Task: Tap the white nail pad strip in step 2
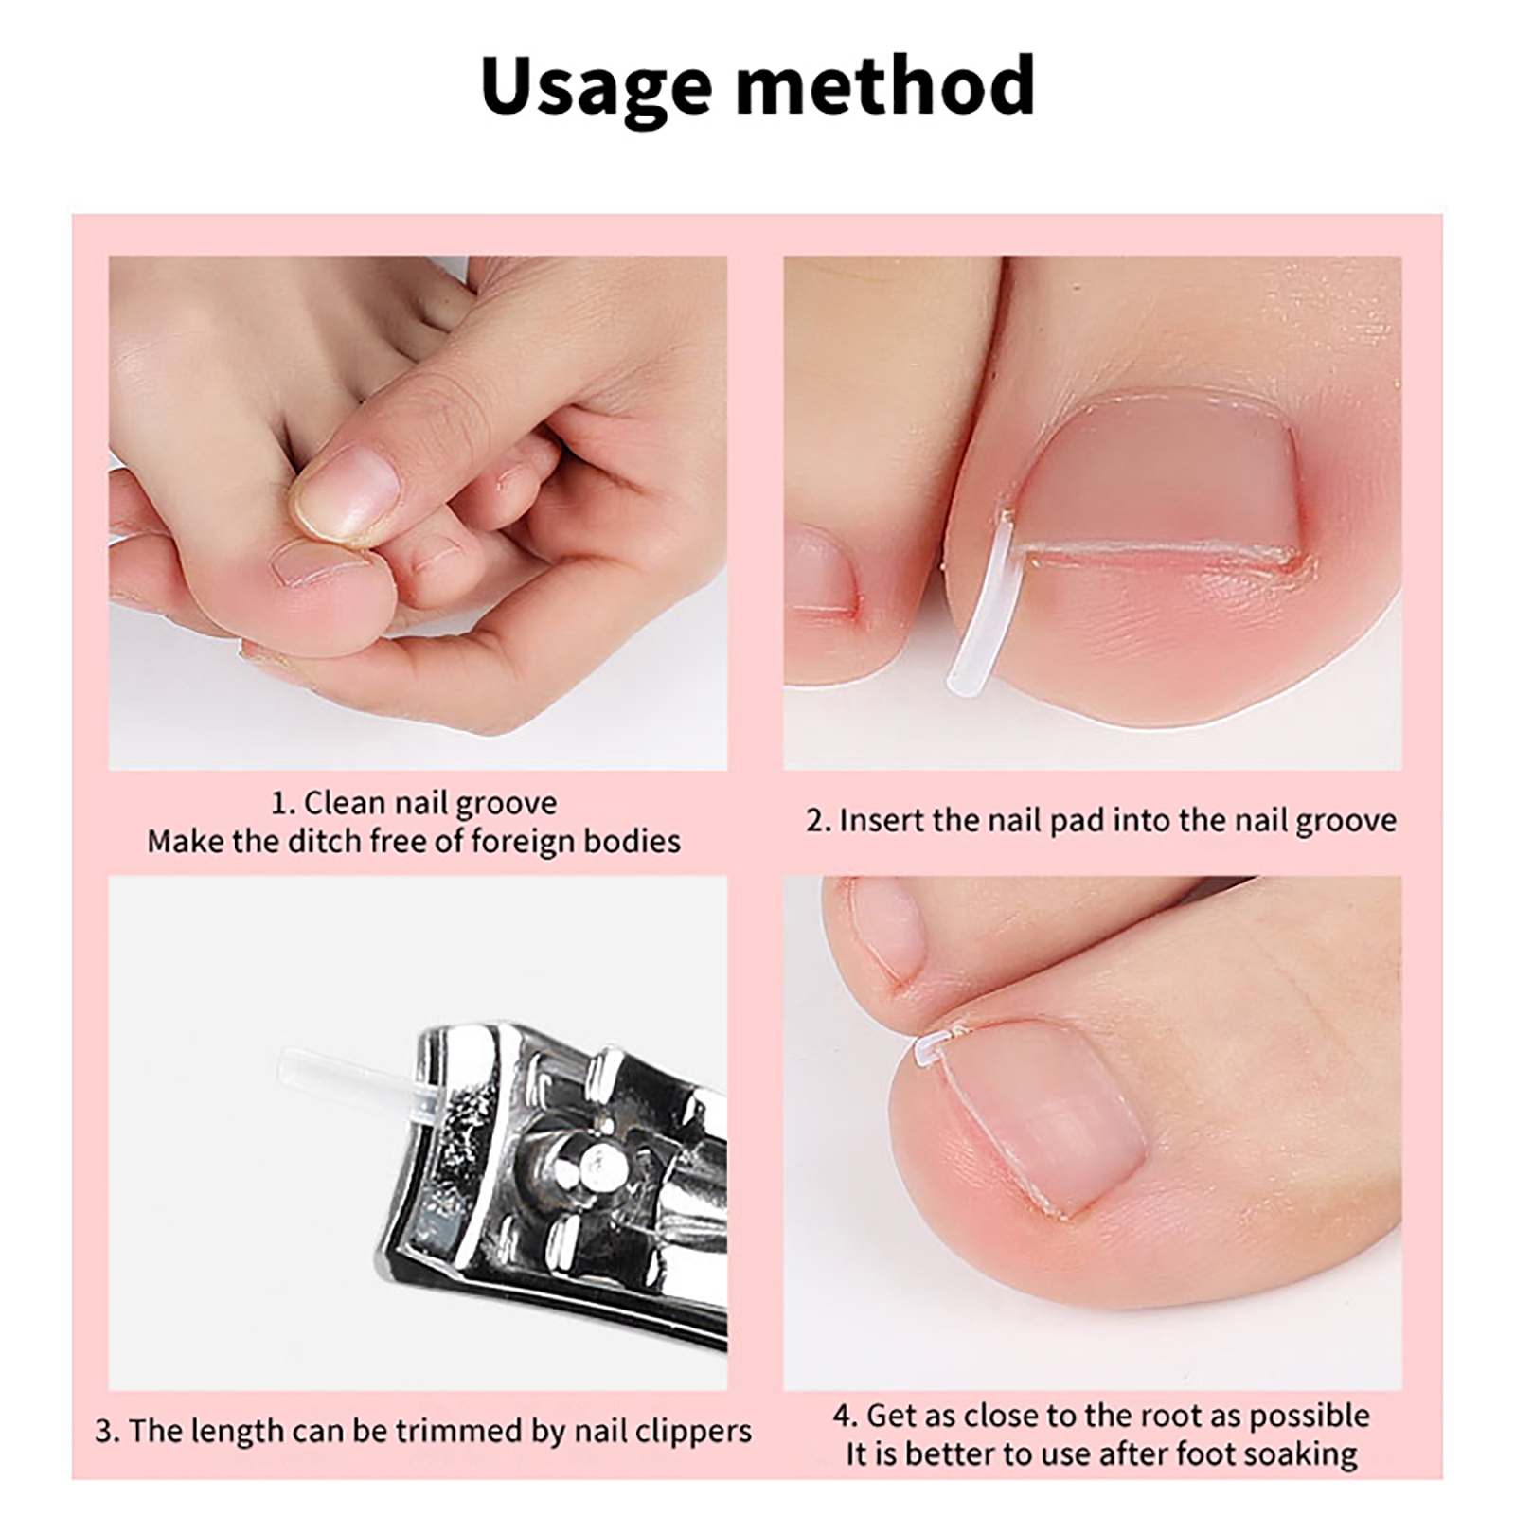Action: (x=982, y=606)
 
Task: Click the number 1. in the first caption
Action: (x=282, y=804)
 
